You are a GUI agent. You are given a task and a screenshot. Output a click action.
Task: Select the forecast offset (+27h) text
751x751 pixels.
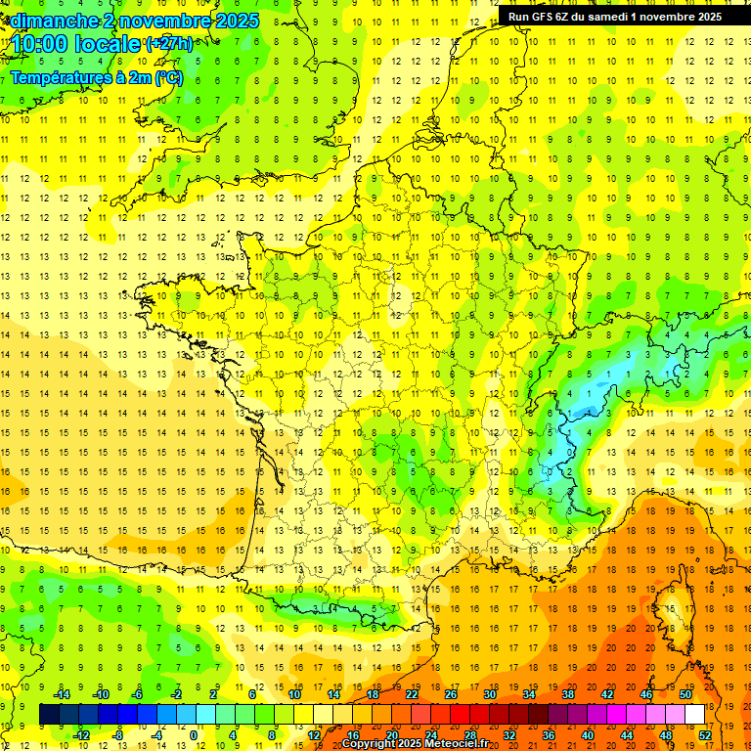(168, 44)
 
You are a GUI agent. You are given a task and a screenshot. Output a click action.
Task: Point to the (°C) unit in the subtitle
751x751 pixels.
(168, 78)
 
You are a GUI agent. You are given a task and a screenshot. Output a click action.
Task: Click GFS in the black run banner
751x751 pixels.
(553, 17)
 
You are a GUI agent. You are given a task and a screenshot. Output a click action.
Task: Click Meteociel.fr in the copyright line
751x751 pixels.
(458, 744)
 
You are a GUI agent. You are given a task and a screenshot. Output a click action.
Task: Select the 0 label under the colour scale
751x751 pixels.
(194, 734)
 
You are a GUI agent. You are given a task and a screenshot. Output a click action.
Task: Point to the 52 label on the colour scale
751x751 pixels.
(704, 734)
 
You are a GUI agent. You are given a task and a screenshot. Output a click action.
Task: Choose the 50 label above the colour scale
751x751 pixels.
(685, 694)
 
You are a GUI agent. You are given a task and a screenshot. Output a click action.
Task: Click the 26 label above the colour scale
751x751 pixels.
(451, 694)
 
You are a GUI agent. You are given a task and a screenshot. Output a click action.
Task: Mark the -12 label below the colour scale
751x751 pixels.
(82, 734)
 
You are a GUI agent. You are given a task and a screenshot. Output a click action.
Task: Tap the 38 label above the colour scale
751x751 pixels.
(568, 694)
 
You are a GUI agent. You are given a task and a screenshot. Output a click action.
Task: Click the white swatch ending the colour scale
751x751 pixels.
(694, 714)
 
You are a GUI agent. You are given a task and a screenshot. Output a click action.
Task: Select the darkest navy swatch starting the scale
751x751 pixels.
(49, 714)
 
